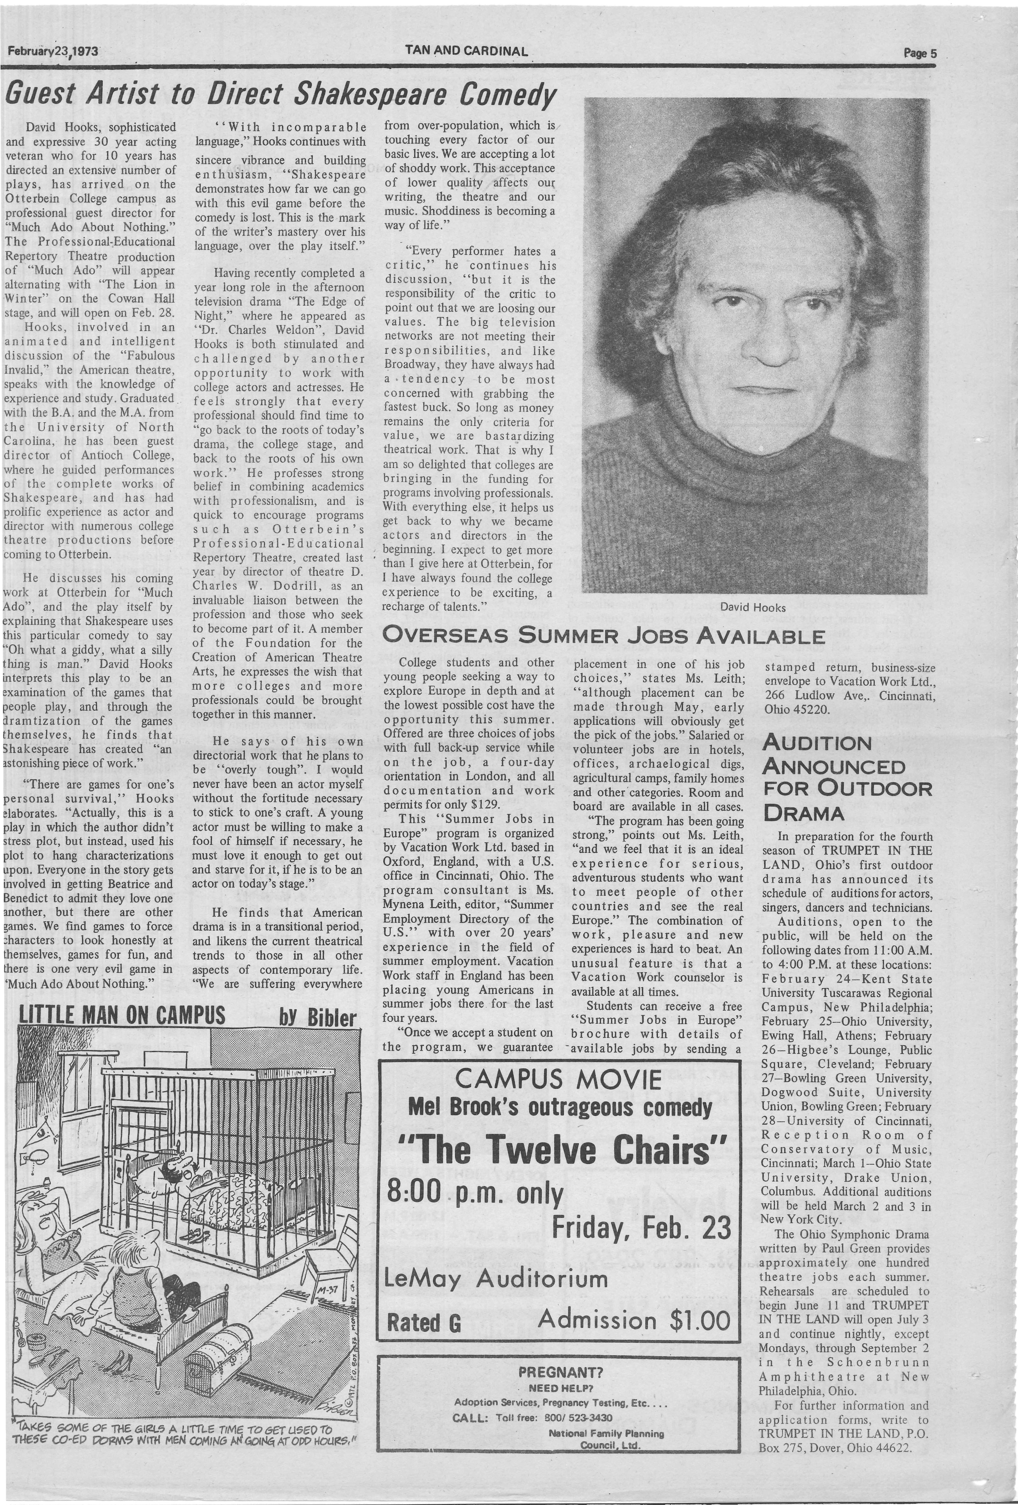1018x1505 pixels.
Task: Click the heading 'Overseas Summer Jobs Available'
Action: (603, 635)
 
